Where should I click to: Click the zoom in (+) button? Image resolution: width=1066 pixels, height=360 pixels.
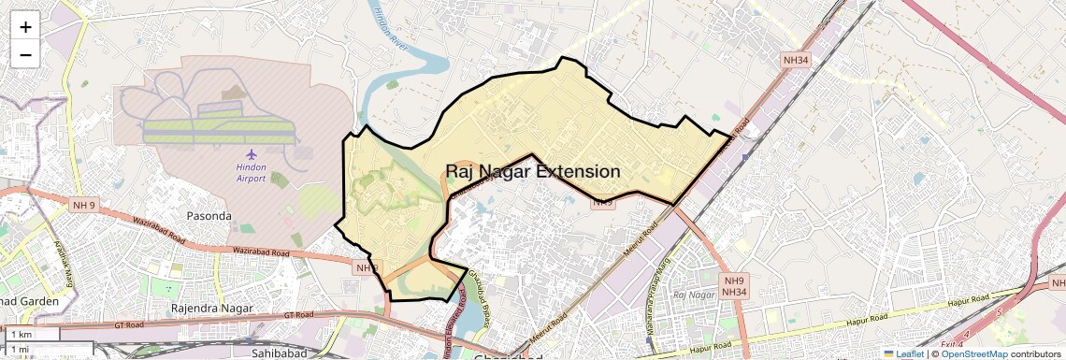pyautogui.click(x=25, y=26)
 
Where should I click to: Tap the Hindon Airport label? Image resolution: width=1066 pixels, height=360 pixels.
pyautogui.click(x=251, y=172)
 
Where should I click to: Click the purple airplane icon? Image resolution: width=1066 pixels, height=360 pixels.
pyautogui.click(x=250, y=153)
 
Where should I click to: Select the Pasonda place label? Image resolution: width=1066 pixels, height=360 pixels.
pyautogui.click(x=209, y=216)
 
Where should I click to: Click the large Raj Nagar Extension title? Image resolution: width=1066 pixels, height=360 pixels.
pyautogui.click(x=532, y=172)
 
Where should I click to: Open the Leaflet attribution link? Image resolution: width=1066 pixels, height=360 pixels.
pyautogui.click(x=903, y=354)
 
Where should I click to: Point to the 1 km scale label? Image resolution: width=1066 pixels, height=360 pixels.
pyautogui.click(x=22, y=334)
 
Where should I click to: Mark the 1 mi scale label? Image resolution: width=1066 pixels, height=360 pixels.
pyautogui.click(x=21, y=349)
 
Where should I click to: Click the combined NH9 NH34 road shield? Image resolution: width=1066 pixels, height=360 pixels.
pyautogui.click(x=734, y=287)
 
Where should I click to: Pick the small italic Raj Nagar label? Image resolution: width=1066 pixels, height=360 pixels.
pyautogui.click(x=694, y=295)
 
